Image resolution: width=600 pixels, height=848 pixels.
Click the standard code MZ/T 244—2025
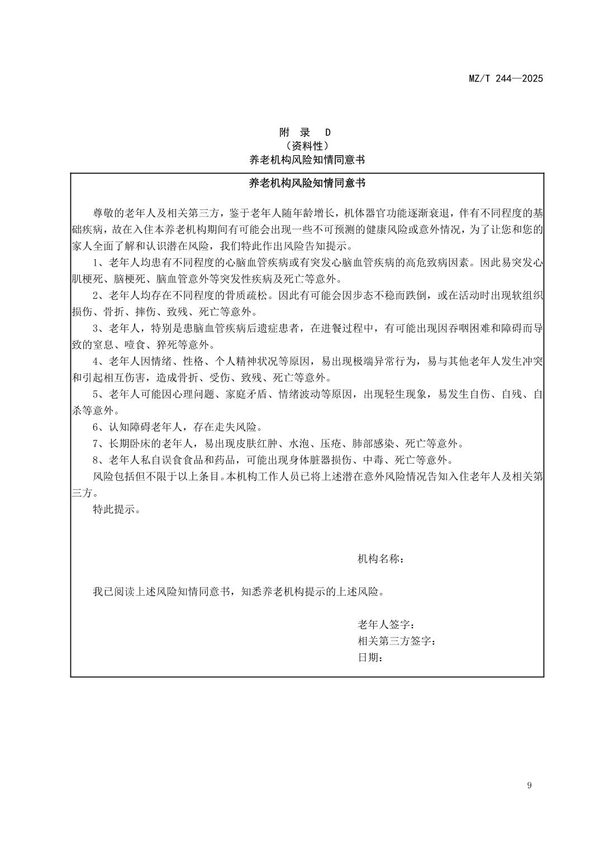505,79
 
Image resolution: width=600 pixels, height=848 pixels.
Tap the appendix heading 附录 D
305,133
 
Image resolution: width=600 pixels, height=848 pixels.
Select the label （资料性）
306,146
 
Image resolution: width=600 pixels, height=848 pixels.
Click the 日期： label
370,658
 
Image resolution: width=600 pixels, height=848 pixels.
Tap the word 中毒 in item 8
373,460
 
